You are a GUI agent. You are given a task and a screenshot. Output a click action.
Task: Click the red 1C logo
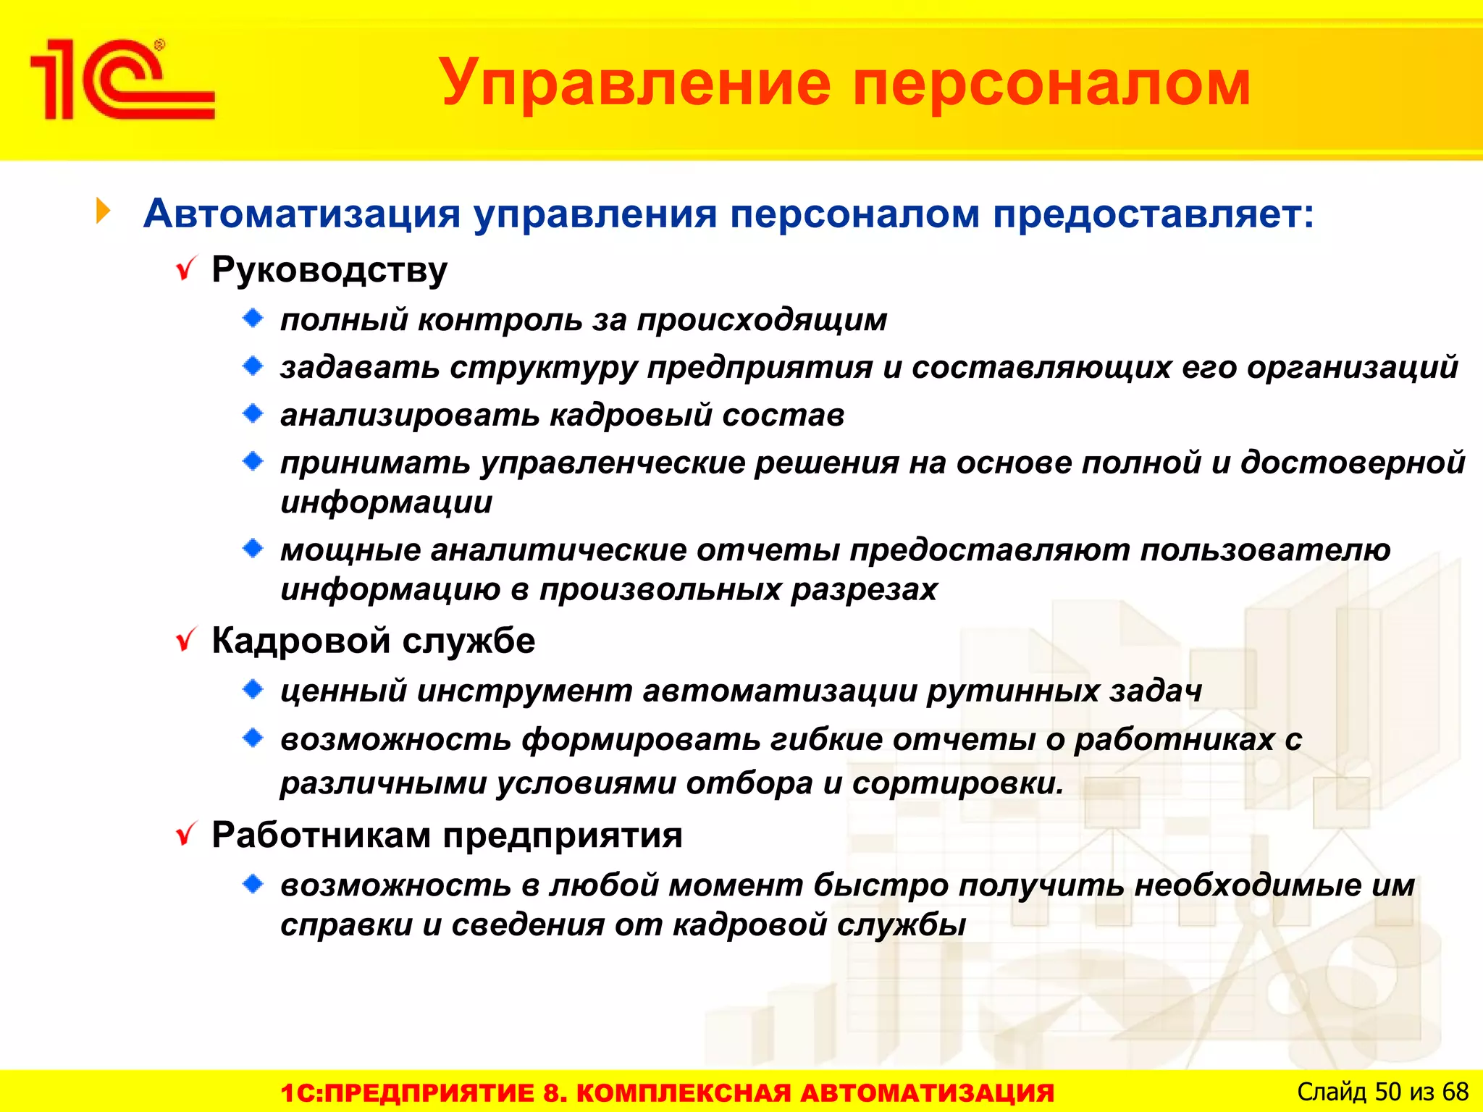(122, 80)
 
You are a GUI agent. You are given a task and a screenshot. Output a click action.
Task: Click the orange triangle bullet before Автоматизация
(104, 211)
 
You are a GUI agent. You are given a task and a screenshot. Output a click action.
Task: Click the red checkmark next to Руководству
(187, 269)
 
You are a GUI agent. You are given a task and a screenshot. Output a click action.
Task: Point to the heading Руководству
(329, 271)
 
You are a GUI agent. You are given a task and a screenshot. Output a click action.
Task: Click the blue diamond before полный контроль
(253, 318)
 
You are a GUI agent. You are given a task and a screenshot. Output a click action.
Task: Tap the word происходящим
(762, 321)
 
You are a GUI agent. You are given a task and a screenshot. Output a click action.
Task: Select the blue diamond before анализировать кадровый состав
(253, 413)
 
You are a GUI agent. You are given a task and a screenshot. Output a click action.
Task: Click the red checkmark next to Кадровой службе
(187, 640)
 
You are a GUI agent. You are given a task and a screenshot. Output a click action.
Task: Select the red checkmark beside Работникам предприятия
(187, 835)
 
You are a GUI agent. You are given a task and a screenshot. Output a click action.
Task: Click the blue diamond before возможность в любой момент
(253, 883)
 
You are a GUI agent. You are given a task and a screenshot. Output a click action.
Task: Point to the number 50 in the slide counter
(1387, 1091)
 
